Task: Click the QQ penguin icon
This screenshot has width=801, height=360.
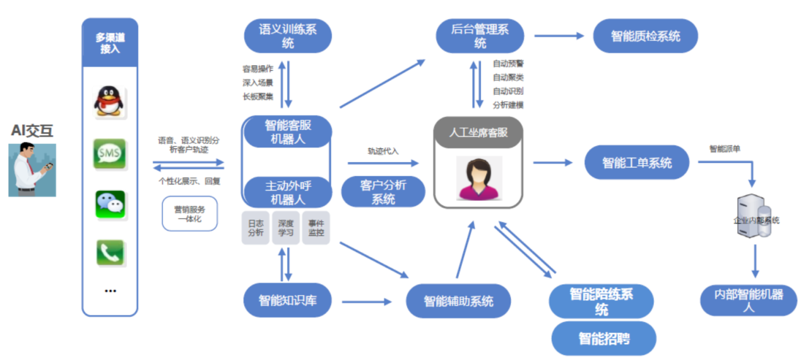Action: pyautogui.click(x=109, y=101)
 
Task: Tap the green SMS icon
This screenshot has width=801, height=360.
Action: pyautogui.click(x=109, y=153)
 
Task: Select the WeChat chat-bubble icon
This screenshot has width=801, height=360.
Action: pyautogui.click(x=110, y=203)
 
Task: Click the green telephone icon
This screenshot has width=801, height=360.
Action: pyautogui.click(x=110, y=253)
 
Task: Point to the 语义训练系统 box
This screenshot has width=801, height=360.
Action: pyautogui.click(x=288, y=36)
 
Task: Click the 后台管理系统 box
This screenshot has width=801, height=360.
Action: pyautogui.click(x=480, y=36)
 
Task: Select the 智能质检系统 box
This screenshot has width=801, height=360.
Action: pyautogui.click(x=645, y=36)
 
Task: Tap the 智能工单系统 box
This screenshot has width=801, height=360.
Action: pyautogui.click(x=637, y=163)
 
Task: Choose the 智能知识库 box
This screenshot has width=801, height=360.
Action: pyautogui.click(x=287, y=301)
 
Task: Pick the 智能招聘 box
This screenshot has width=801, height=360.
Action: pyautogui.click(x=603, y=339)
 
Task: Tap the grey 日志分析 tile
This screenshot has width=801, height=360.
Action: pyautogui.click(x=256, y=228)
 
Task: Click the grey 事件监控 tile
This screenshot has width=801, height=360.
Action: pyautogui.click(x=316, y=228)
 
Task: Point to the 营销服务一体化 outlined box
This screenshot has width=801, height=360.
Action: pyautogui.click(x=190, y=214)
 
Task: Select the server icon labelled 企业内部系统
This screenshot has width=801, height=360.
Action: pyautogui.click(x=754, y=217)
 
